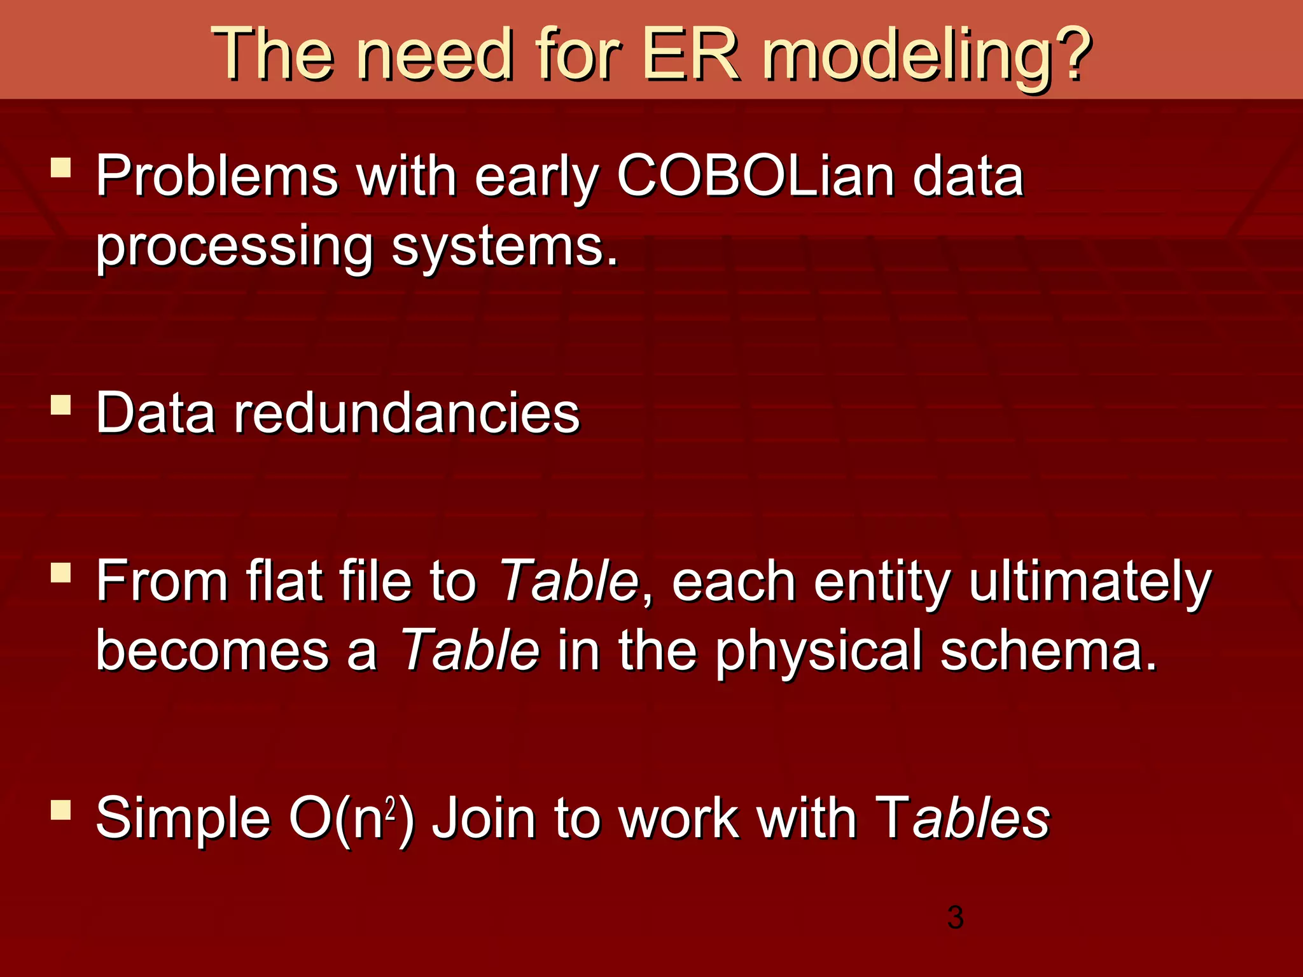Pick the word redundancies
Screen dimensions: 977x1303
(x=407, y=413)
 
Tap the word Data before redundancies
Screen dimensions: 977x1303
(x=155, y=413)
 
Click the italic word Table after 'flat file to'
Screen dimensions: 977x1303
(x=568, y=580)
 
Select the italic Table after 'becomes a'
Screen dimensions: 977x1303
(x=470, y=650)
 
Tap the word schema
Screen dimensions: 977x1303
(x=1047, y=650)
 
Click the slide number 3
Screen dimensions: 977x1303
(x=955, y=917)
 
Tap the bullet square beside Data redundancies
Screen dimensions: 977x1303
(x=61, y=405)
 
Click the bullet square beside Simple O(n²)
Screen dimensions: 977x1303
(x=61, y=810)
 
